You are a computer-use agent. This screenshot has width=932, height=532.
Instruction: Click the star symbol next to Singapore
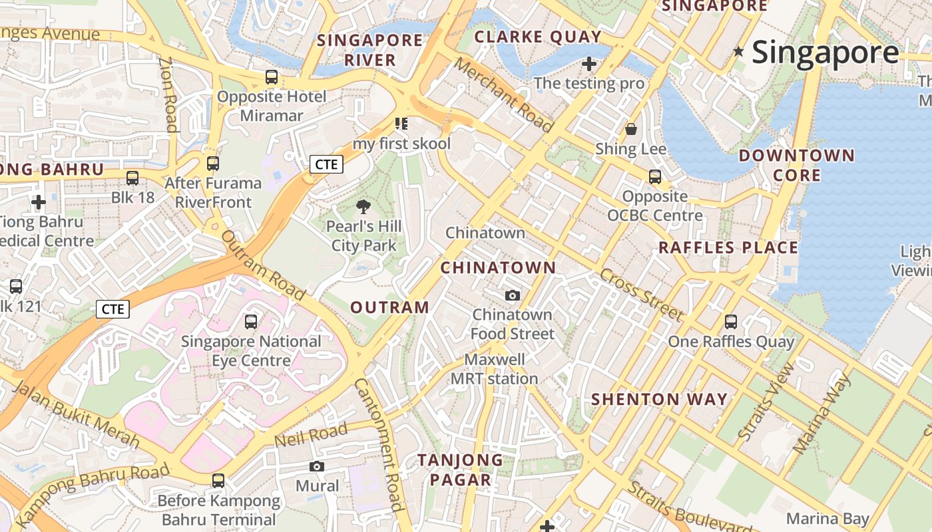click(x=738, y=51)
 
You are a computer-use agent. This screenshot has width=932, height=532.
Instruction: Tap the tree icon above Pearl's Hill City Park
click(x=363, y=207)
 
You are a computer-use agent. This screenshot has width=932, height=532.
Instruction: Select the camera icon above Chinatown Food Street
click(x=512, y=295)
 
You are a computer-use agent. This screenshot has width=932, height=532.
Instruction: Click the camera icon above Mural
click(x=317, y=466)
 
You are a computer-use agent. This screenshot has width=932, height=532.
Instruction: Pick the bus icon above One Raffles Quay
click(x=730, y=322)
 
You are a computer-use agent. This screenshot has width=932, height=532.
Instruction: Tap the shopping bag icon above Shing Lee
click(x=630, y=129)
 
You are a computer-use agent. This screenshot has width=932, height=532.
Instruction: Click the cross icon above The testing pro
click(x=588, y=64)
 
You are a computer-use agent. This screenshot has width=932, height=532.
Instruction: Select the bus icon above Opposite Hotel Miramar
click(x=272, y=77)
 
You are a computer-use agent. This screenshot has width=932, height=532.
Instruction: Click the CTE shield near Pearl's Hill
click(x=326, y=164)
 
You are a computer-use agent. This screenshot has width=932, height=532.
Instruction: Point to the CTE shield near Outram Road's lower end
click(x=113, y=309)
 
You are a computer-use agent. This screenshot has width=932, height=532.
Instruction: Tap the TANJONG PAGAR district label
click(x=460, y=469)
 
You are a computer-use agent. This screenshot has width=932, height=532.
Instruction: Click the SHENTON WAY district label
click(x=659, y=399)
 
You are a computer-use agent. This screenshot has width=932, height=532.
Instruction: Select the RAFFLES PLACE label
click(x=728, y=247)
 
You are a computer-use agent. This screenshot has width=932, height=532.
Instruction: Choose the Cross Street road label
click(x=640, y=295)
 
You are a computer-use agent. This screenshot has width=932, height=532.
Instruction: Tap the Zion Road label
click(x=168, y=93)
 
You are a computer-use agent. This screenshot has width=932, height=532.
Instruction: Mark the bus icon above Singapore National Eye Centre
click(x=251, y=322)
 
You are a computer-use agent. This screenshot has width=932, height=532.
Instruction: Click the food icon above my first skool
click(x=401, y=124)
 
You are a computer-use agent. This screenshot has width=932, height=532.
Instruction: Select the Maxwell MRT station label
click(x=494, y=369)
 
